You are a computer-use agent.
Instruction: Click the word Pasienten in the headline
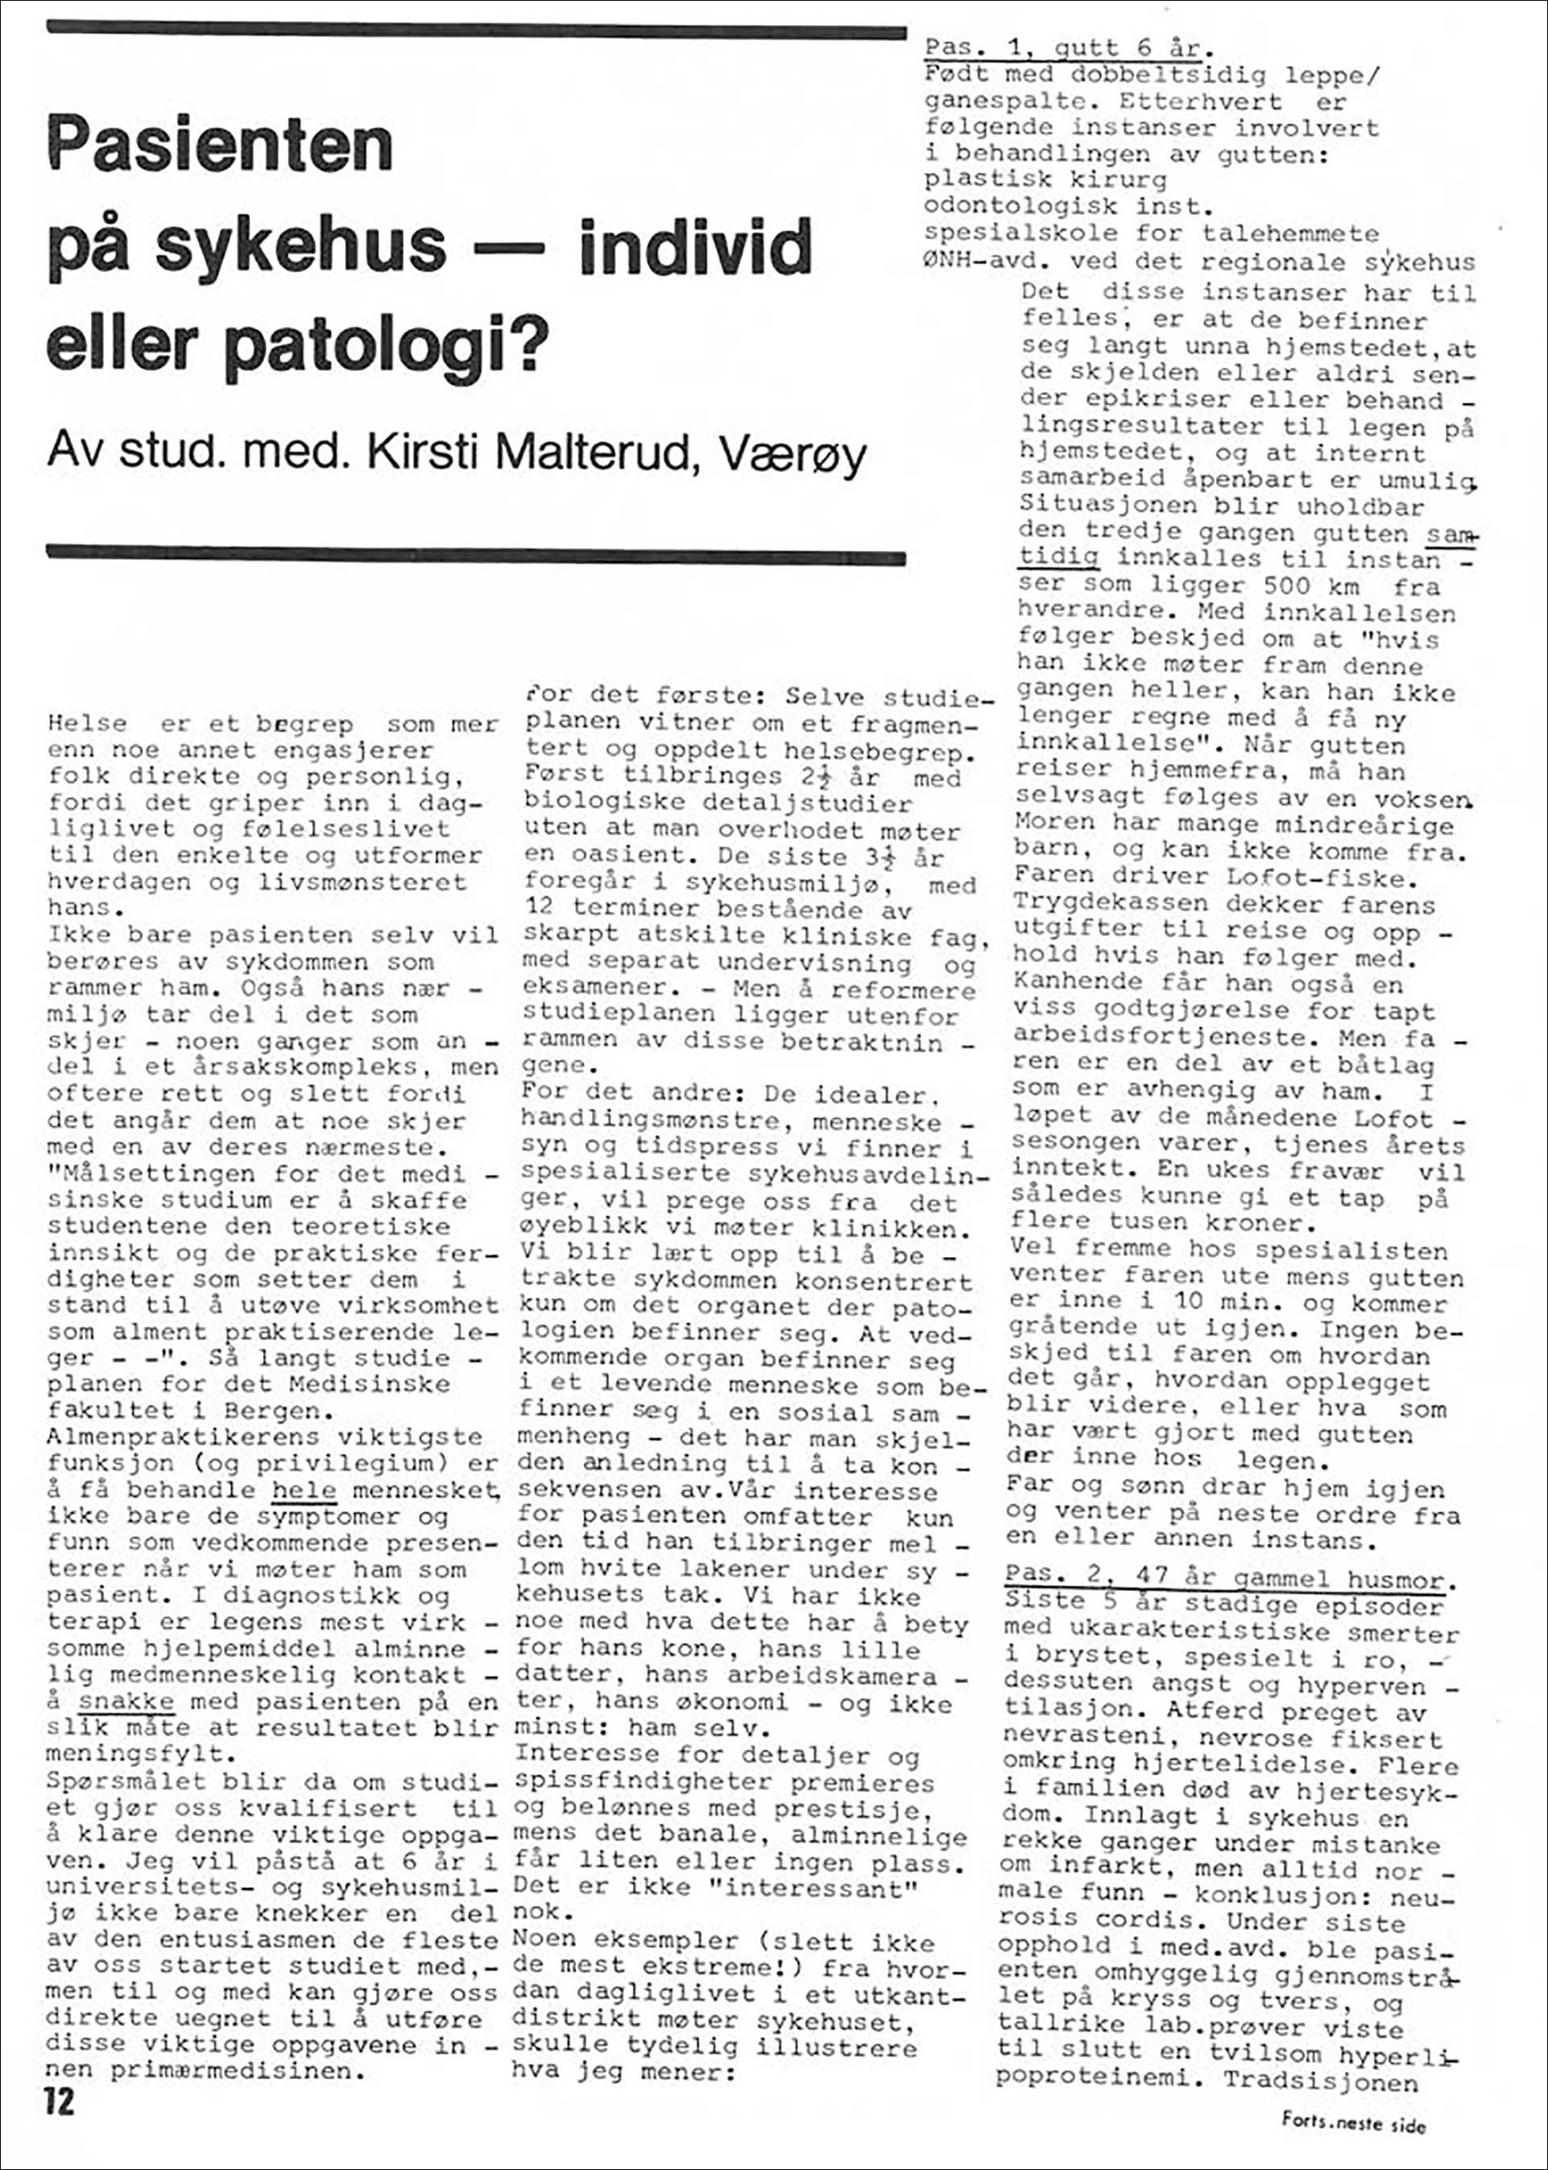(x=220, y=145)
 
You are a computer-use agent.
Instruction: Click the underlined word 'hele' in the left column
(x=304, y=1490)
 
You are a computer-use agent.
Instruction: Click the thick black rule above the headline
(x=476, y=32)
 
